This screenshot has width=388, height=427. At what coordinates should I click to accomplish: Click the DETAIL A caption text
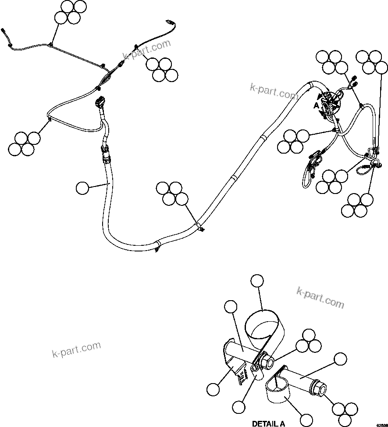point(268,423)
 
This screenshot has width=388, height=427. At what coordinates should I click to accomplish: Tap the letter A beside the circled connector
point(316,106)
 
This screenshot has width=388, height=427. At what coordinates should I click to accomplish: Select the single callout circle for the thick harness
point(82,188)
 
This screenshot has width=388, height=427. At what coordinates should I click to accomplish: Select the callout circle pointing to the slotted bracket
point(213,389)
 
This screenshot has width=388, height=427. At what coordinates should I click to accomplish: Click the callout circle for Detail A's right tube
point(339,359)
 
